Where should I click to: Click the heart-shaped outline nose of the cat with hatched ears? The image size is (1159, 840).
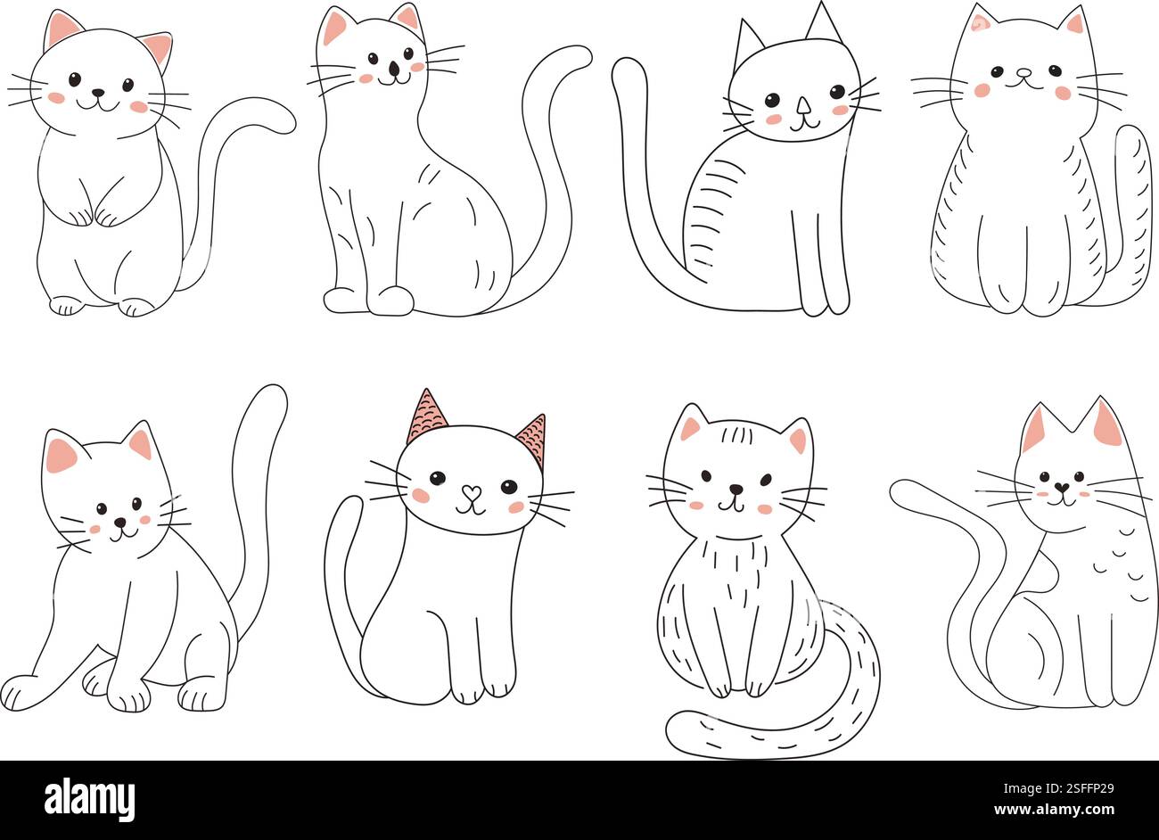click(471, 491)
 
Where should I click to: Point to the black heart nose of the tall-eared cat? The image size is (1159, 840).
click(1061, 488)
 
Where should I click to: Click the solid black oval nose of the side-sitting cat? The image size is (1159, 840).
click(394, 67)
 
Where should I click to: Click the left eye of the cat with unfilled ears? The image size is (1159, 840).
click(772, 99)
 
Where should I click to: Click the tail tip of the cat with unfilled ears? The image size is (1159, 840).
click(628, 71)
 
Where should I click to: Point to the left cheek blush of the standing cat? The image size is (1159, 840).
click(56, 98)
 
